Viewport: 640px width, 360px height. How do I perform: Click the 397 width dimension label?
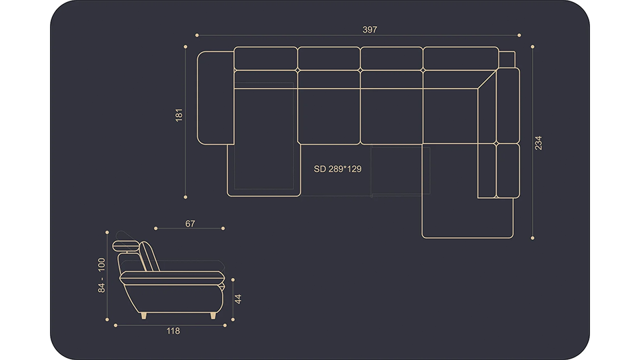[370, 29]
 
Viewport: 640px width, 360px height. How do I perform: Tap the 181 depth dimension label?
[179, 115]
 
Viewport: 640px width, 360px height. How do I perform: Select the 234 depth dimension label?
[539, 143]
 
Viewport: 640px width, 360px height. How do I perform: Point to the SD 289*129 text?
[337, 169]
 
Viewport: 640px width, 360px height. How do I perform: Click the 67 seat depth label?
[190, 224]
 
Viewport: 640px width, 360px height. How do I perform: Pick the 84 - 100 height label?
[101, 275]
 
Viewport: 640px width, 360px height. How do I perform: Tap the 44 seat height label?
[238, 299]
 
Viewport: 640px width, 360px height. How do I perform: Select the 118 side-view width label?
[173, 331]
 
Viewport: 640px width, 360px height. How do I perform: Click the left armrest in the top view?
[215, 98]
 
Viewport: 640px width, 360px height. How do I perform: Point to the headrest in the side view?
[126, 246]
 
